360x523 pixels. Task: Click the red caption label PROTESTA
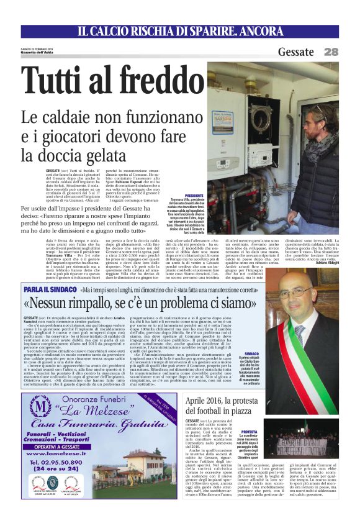tap(249, 431)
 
